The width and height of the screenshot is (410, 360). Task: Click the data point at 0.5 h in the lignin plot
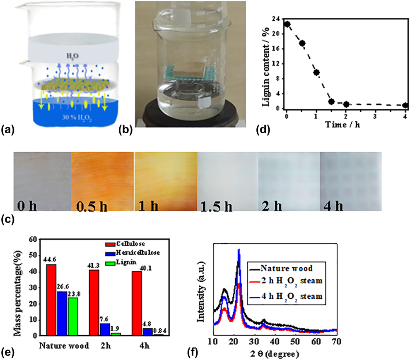click(302, 43)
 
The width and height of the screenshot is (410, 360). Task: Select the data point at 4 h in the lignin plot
click(405, 106)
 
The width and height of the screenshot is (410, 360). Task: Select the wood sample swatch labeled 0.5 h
click(103, 182)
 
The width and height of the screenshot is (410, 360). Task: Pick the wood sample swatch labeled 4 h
click(350, 182)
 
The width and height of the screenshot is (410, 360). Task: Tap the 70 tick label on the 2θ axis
click(336, 341)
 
